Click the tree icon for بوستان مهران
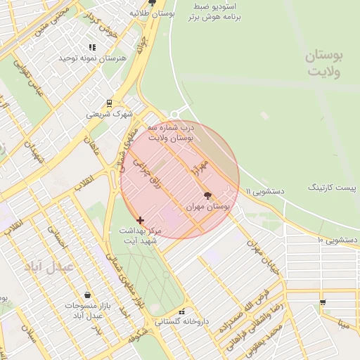(207, 196)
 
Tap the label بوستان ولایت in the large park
(323, 63)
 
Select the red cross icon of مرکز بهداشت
(140, 220)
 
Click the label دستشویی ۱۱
(264, 191)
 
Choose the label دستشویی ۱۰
(337, 240)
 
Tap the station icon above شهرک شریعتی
(109, 103)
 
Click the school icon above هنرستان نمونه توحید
(93, 47)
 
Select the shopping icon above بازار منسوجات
(86, 295)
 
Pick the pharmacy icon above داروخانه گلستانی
(182, 311)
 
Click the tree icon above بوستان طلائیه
(151, 3)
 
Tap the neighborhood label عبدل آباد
(49, 268)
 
